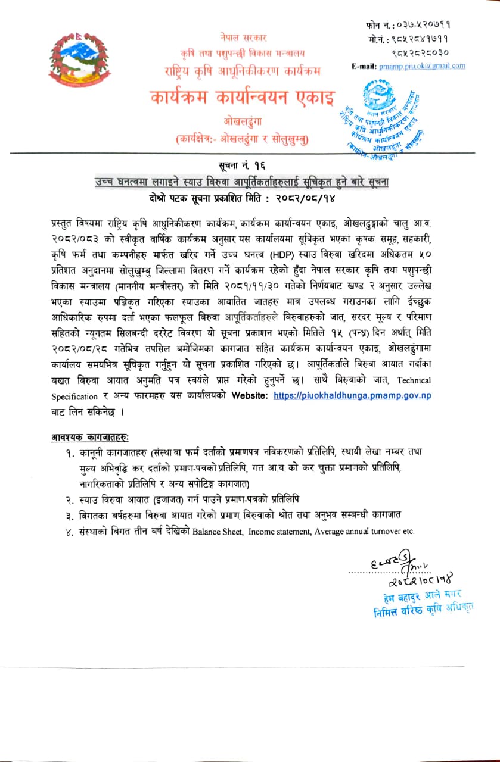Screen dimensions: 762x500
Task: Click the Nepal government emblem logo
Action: tap(72, 61)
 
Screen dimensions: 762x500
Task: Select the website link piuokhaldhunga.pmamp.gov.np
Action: tap(352, 395)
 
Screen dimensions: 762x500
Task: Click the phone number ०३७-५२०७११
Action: tap(417, 25)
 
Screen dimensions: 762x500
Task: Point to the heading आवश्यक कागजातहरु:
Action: tap(89, 437)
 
